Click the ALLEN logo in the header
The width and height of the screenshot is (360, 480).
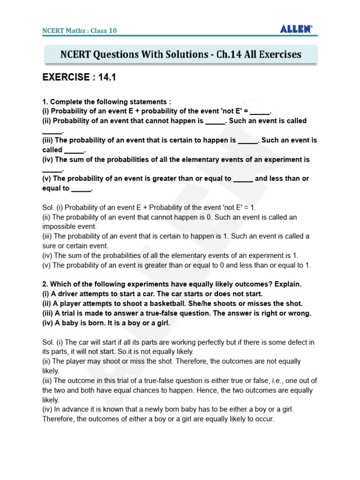pos(296,29)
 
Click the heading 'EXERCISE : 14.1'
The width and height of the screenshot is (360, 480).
pos(79,78)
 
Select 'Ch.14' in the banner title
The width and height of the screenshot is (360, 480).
pos(230,54)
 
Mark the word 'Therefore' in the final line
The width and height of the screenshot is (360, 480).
pos(59,419)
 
